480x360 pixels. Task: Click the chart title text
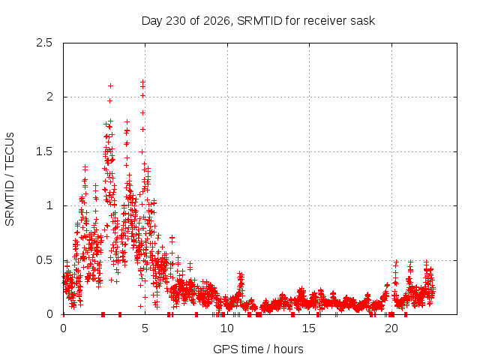coord(258,21)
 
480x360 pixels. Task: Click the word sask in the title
coord(364,21)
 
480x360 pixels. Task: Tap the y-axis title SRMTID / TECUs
coord(10,179)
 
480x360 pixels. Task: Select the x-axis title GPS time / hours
coord(258,349)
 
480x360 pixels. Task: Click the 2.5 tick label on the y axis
coord(44,43)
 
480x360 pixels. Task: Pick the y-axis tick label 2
coord(49,97)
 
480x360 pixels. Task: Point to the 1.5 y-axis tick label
coord(44,151)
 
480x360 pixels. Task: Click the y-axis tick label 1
coord(50,205)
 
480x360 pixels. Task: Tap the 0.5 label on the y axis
coord(44,260)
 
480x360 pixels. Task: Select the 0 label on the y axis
coord(49,314)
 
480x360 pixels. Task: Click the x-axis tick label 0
coord(63,328)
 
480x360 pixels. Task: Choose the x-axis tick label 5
coord(145,328)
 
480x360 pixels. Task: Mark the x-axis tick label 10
coord(227,328)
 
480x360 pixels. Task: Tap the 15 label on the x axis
coord(309,328)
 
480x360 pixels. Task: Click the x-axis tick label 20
coord(391,328)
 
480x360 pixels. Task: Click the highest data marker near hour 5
coord(142,82)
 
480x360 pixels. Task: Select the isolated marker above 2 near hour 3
coord(110,86)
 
